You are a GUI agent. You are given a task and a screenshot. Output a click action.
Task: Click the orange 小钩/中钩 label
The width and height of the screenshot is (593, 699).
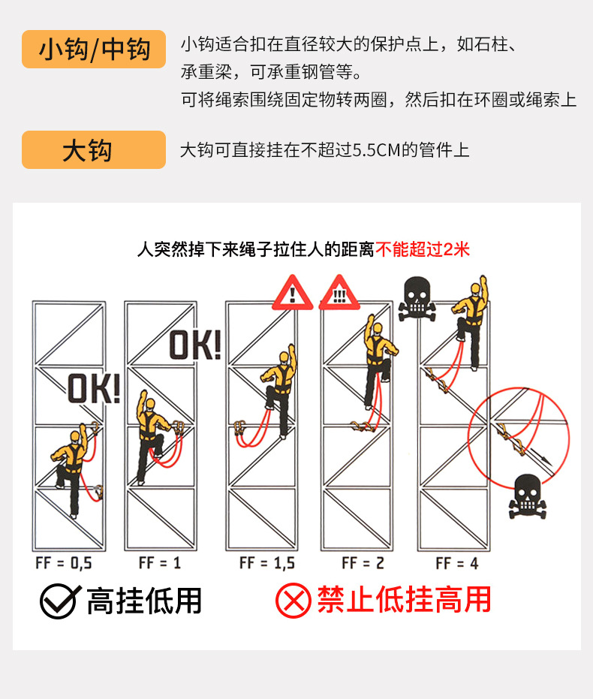pyautogui.click(x=94, y=50)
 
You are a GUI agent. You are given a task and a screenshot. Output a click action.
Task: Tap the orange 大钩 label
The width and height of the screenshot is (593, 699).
pyautogui.click(x=94, y=149)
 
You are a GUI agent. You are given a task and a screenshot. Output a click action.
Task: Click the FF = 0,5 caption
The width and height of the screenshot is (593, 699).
pyautogui.click(x=63, y=563)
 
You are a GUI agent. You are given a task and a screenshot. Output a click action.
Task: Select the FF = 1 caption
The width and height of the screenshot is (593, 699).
pyautogui.click(x=160, y=563)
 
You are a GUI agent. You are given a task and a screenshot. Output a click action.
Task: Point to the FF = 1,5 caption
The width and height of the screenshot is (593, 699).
pyautogui.click(x=267, y=563)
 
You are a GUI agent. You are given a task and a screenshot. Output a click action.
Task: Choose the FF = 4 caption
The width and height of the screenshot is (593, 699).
pyautogui.click(x=457, y=563)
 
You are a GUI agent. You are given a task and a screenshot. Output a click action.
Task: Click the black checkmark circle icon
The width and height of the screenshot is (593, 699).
pyautogui.click(x=60, y=601)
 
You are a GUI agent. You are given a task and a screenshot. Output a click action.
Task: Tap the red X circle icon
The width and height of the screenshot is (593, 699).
pyautogui.click(x=293, y=601)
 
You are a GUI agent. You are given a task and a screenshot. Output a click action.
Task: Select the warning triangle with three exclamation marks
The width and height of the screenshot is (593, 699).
pyautogui.click(x=339, y=294)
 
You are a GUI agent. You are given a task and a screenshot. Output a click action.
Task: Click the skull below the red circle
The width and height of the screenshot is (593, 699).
pyautogui.click(x=528, y=496)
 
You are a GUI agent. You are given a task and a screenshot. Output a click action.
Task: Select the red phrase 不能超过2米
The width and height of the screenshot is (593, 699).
pyautogui.click(x=423, y=249)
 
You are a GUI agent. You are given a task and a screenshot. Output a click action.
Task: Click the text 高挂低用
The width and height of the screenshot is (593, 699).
pyautogui.click(x=144, y=601)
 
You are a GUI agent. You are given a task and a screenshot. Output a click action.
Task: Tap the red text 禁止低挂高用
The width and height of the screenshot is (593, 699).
pyautogui.click(x=404, y=600)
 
